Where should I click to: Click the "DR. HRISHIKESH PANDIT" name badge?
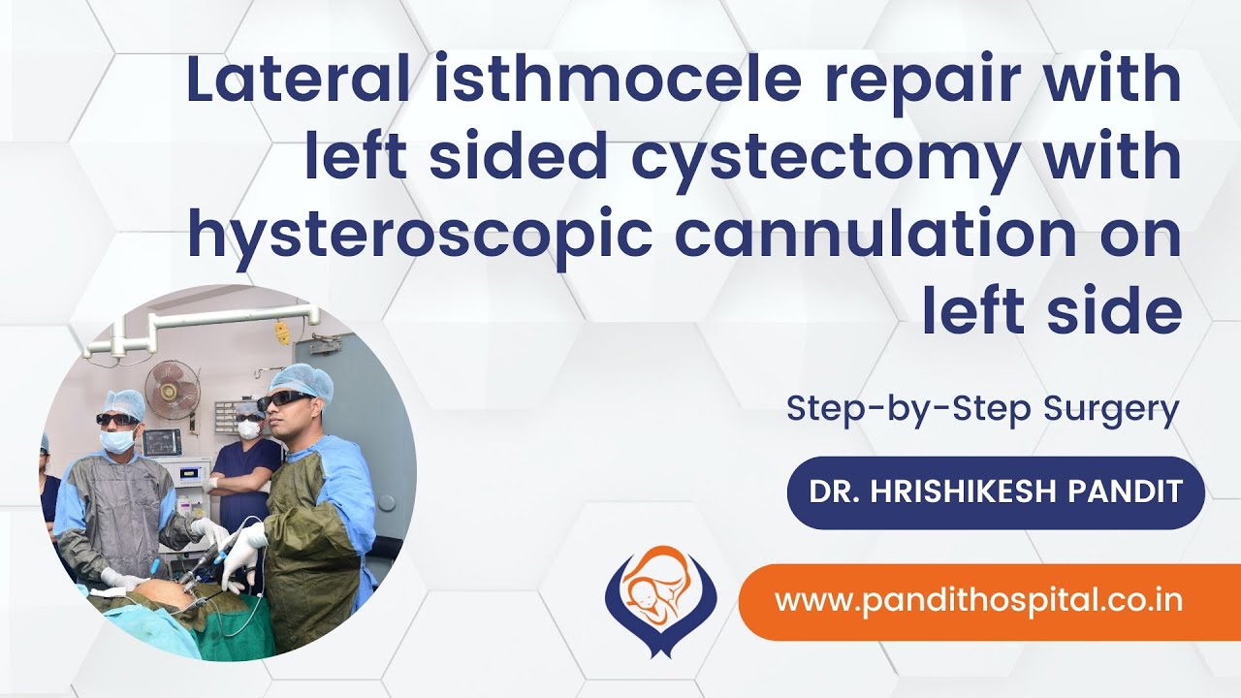point(996,492)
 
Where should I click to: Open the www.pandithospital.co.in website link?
point(978,600)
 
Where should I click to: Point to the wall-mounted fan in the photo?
point(173,389)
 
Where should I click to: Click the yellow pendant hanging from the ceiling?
point(282,333)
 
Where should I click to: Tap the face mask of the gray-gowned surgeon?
point(118,441)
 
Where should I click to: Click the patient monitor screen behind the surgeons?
point(161,441)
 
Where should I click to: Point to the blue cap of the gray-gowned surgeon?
point(123,402)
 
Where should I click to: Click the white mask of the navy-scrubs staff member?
point(250,428)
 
